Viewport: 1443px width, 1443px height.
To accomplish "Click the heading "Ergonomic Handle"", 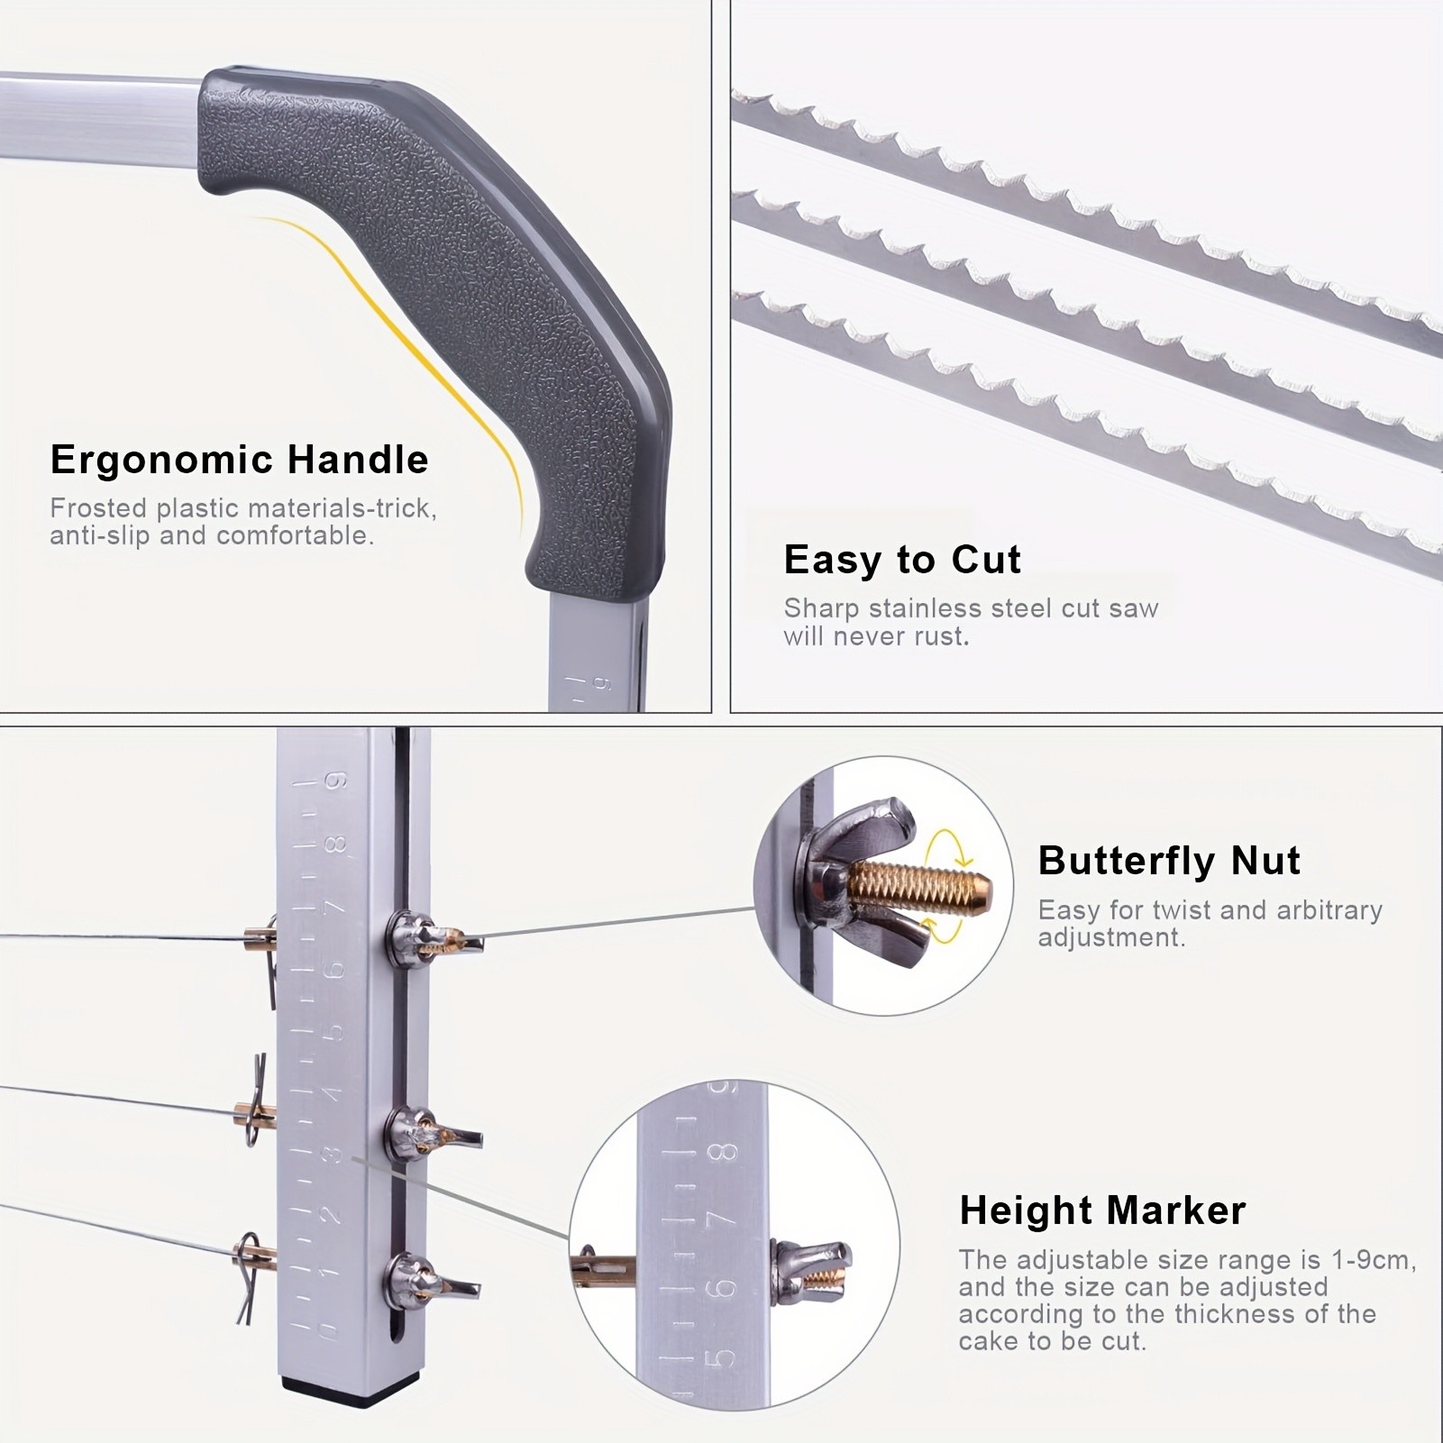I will tap(239, 460).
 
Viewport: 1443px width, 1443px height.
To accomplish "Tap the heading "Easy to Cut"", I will tap(902, 560).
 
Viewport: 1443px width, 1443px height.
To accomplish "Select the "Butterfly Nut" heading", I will tap(1169, 861).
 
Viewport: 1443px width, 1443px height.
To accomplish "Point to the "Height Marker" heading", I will tap(1102, 1210).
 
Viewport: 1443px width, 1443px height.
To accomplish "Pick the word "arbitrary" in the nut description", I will tap(1329, 910).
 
